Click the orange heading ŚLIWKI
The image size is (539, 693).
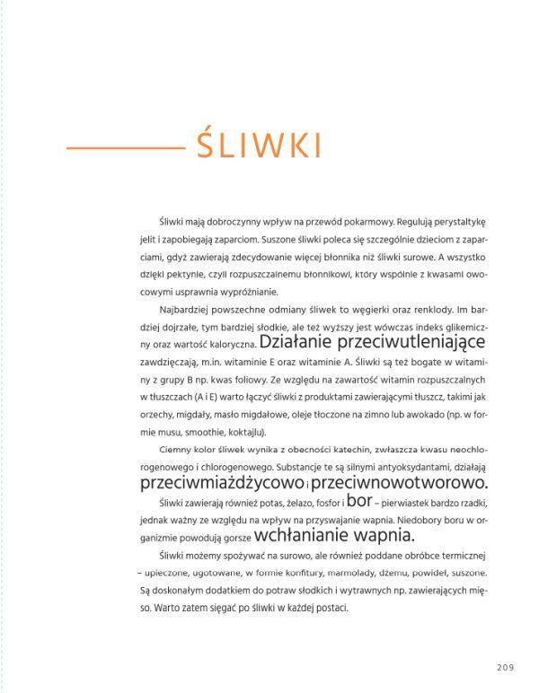(x=260, y=145)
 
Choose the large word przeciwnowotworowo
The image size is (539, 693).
(x=404, y=483)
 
